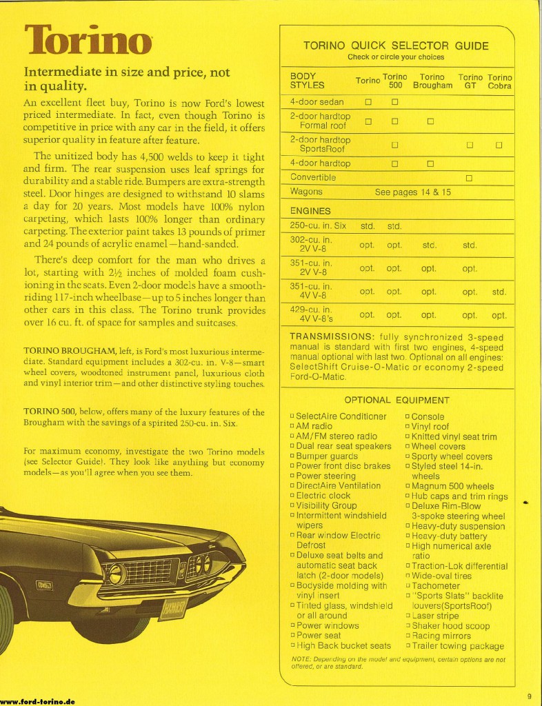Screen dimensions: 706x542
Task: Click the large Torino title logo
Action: pyautogui.click(x=88, y=40)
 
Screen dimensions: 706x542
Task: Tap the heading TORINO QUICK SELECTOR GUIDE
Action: pyautogui.click(x=396, y=46)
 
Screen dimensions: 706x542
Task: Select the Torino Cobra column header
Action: pyautogui.click(x=499, y=81)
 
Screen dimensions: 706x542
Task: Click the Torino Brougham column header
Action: pyautogui.click(x=432, y=81)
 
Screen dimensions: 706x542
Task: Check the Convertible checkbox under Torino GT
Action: pyautogui.click(x=470, y=178)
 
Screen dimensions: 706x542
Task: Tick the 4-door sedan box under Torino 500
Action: pyautogui.click(x=395, y=103)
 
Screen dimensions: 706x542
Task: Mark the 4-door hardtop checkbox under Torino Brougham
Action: pyautogui.click(x=430, y=164)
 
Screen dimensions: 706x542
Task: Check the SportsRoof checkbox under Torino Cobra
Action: pyautogui.click(x=499, y=145)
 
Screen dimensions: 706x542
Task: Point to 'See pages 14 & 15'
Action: pyautogui.click(x=413, y=192)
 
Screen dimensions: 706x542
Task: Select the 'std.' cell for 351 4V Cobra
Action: pyautogui.click(x=499, y=292)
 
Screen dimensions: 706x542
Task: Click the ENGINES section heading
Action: pyautogui.click(x=310, y=211)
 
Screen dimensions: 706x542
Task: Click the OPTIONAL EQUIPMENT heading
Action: pyautogui.click(x=397, y=400)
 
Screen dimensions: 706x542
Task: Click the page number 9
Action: pyautogui.click(x=529, y=695)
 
